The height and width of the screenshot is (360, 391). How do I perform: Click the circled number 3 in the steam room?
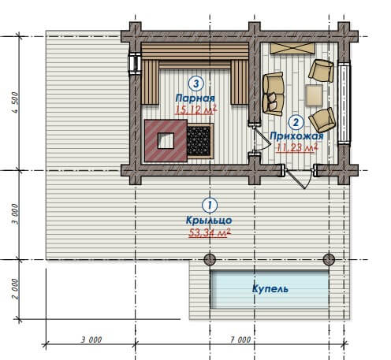[x=196, y=84]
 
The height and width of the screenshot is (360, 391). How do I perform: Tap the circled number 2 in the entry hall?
[x=296, y=122]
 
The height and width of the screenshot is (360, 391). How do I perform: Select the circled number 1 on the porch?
[x=210, y=206]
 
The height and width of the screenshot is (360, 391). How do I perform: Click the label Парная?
[x=195, y=98]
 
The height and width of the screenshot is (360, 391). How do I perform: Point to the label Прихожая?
[x=296, y=136]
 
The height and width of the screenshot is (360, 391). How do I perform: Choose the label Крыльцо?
[x=209, y=220]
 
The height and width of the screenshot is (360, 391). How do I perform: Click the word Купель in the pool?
[x=270, y=288]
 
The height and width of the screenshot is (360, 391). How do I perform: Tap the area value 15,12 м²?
[x=196, y=109]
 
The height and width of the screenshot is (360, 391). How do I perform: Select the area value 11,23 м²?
[x=297, y=147]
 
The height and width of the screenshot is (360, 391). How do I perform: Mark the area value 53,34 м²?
[x=210, y=232]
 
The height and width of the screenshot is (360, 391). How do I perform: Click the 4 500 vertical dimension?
[x=15, y=102]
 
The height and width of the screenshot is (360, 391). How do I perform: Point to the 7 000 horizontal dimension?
[x=240, y=340]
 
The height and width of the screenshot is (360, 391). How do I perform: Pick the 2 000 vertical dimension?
[x=15, y=288]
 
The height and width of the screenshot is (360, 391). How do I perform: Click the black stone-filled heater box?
[x=199, y=141]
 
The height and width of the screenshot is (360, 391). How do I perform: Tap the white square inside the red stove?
[x=166, y=141]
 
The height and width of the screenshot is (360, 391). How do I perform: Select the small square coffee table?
[x=314, y=95]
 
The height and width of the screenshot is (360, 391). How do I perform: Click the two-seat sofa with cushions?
[x=274, y=94]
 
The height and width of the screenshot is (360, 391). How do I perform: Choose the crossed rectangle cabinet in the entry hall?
[x=292, y=48]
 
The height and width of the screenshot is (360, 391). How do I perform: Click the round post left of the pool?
[x=210, y=259]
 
